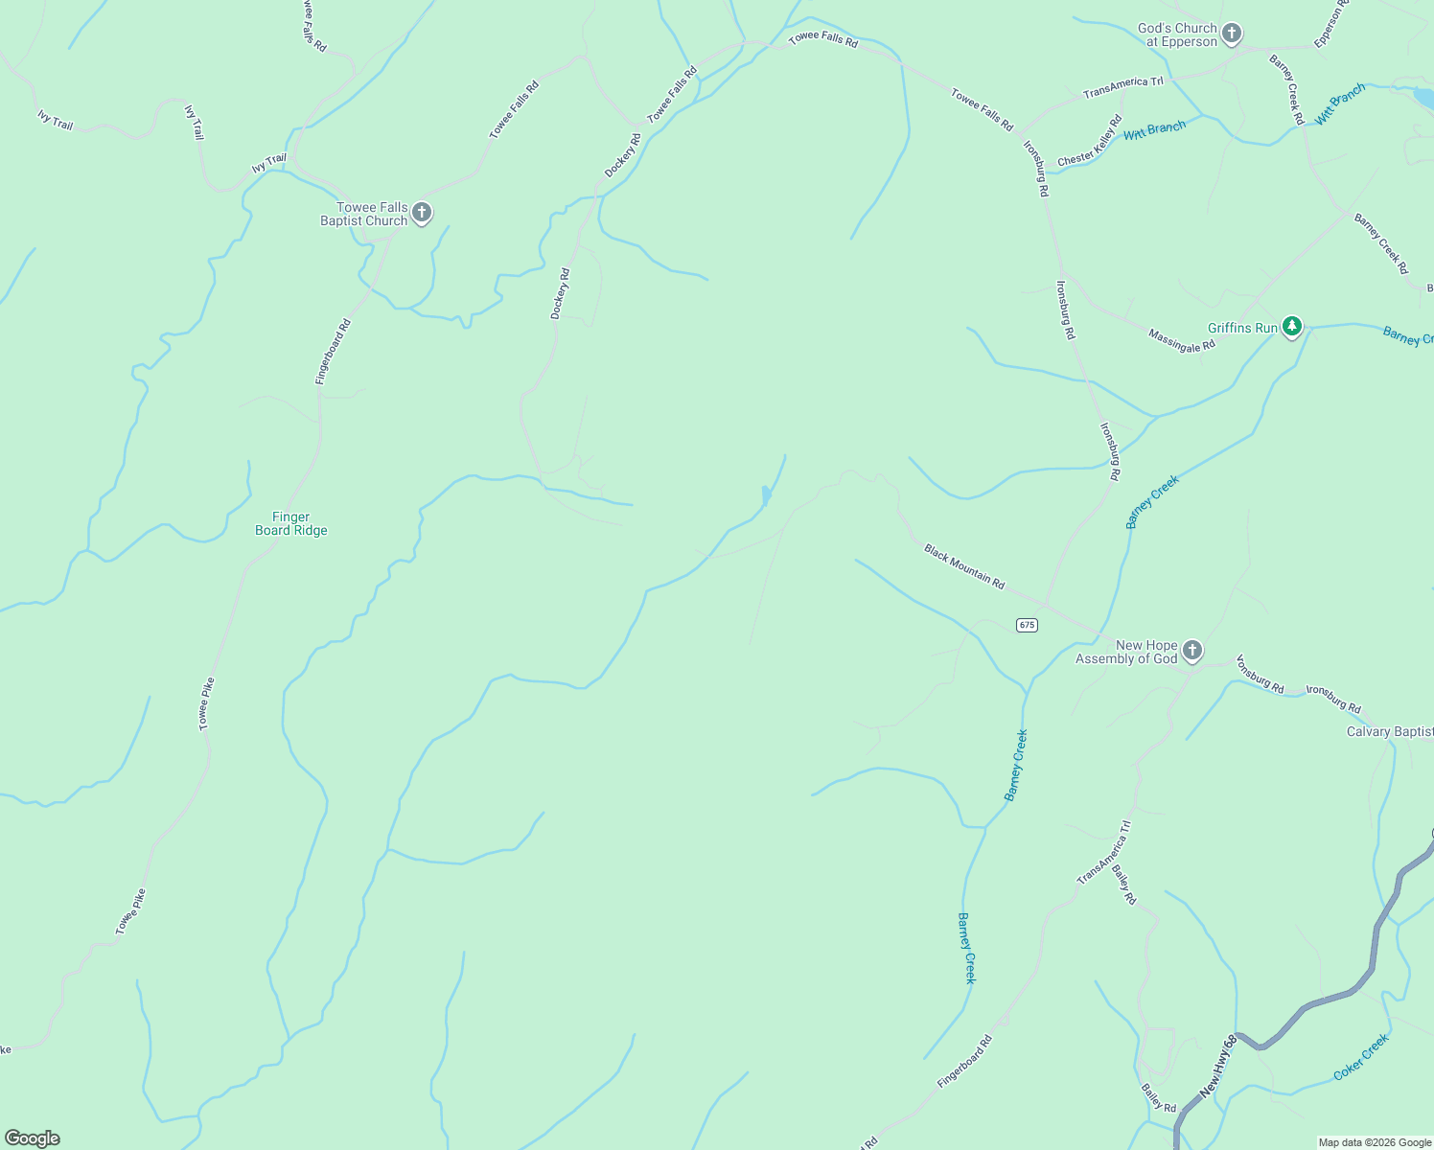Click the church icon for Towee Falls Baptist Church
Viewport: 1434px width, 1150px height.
pyautogui.click(x=421, y=212)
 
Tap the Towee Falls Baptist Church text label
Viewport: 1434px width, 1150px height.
pyautogui.click(x=364, y=214)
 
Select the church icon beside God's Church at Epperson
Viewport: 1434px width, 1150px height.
pyautogui.click(x=1232, y=34)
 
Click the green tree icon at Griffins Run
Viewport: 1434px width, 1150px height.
pyautogui.click(x=1292, y=327)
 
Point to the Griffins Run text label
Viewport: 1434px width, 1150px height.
pyautogui.click(x=1242, y=328)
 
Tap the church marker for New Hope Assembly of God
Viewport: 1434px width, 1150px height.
pyautogui.click(x=1191, y=652)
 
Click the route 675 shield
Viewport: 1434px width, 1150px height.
pyautogui.click(x=1027, y=625)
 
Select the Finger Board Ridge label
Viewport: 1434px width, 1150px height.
pyautogui.click(x=291, y=523)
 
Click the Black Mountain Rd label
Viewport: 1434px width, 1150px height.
pyautogui.click(x=964, y=566)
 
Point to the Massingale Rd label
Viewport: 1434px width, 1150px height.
pyautogui.click(x=1182, y=340)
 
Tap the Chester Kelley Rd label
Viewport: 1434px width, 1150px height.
pyautogui.click(x=1090, y=141)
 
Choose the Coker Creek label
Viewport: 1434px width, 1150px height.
pyautogui.click(x=1361, y=1057)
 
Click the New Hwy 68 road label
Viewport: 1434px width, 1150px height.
pyautogui.click(x=1217, y=1066)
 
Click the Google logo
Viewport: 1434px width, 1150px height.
pyautogui.click(x=32, y=1138)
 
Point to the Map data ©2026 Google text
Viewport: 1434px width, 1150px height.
pyautogui.click(x=1375, y=1142)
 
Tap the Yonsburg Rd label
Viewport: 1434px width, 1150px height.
pyautogui.click(x=1260, y=673)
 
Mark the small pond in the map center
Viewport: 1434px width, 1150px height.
pyautogui.click(x=766, y=495)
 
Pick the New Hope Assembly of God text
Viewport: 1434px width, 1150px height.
pyautogui.click(x=1126, y=652)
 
